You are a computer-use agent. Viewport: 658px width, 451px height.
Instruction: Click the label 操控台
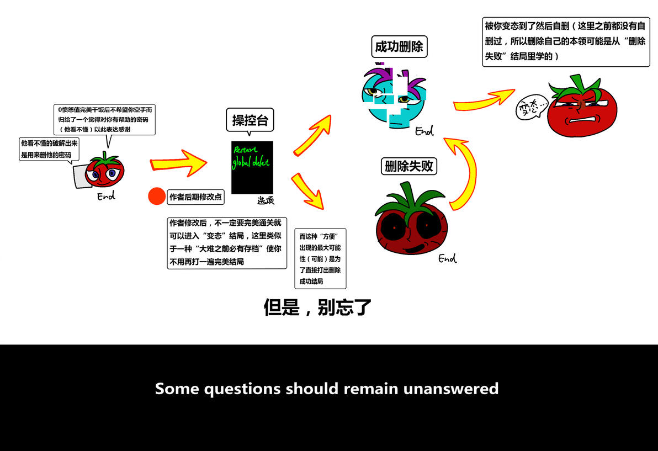[x=250, y=120]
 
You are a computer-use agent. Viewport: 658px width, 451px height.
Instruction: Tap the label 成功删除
[x=399, y=46]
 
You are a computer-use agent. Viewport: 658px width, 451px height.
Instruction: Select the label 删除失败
[x=408, y=166]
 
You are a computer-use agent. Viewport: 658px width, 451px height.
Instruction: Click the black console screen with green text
[x=252, y=167]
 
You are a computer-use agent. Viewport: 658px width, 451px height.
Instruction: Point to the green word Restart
[x=246, y=150]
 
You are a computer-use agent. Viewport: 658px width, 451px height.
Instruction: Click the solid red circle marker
[x=157, y=196]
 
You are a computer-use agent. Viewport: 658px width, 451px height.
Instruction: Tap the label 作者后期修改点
[x=195, y=197]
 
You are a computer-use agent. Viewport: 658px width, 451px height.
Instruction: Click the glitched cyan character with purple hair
[x=394, y=97]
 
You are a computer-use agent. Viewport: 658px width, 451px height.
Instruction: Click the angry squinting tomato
[x=582, y=107]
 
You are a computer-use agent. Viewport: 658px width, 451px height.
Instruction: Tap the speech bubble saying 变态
[x=531, y=108]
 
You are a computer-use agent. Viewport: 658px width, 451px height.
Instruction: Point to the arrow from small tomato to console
[x=178, y=163]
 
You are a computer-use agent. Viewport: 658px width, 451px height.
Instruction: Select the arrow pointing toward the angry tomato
[x=484, y=100]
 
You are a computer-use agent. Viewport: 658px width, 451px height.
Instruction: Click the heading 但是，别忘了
[x=317, y=307]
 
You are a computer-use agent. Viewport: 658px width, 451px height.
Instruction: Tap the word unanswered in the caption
[x=450, y=389]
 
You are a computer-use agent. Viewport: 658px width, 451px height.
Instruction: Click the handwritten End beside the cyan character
[x=424, y=131]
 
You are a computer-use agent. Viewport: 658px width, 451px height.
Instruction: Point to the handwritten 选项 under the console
[x=266, y=200]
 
